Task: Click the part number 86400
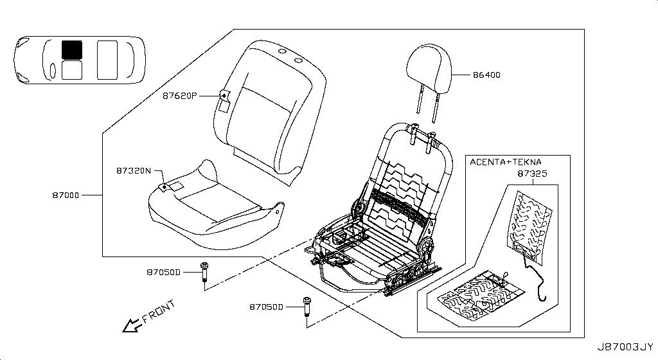pos(486,75)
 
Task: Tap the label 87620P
pos(179,96)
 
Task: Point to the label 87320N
pos(133,171)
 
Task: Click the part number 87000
pos(66,194)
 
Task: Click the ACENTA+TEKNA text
pos(505,162)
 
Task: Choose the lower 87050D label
pos(266,307)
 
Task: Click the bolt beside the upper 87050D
pos(204,273)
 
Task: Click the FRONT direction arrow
pos(132,325)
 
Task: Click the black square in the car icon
pos(72,49)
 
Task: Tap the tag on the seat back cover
pos(224,98)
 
